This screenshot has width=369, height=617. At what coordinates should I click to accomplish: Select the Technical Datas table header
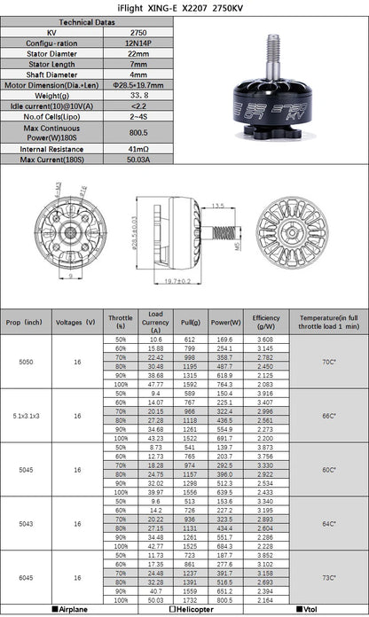tap(86, 21)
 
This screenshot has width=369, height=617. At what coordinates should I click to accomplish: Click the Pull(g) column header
tap(190, 321)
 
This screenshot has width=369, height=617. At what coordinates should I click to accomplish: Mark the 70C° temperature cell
tap(327, 362)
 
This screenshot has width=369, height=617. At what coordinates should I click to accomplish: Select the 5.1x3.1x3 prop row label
tap(25, 414)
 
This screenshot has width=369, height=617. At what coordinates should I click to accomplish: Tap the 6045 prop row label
tap(25, 577)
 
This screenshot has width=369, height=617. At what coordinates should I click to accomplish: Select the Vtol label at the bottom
tap(310, 610)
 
